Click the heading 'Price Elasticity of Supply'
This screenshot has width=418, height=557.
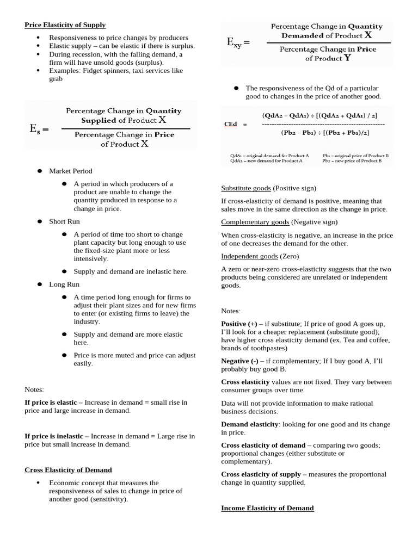coord(65,25)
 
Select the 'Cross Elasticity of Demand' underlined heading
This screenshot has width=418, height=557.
coord(68,470)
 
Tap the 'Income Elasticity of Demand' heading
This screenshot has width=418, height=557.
coord(267,508)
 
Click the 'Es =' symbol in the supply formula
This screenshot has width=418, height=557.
coord(39,129)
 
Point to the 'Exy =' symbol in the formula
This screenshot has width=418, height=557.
coord(238,43)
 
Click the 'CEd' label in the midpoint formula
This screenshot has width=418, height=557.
coord(231,124)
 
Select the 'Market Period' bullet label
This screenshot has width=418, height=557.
coord(71,171)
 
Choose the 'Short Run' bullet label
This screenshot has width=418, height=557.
coord(64,221)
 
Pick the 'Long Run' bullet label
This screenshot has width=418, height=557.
coord(64,284)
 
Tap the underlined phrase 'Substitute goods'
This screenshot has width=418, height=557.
coord(245,188)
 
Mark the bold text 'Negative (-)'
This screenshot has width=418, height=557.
coord(239,361)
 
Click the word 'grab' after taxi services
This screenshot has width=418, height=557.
coord(56,79)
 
